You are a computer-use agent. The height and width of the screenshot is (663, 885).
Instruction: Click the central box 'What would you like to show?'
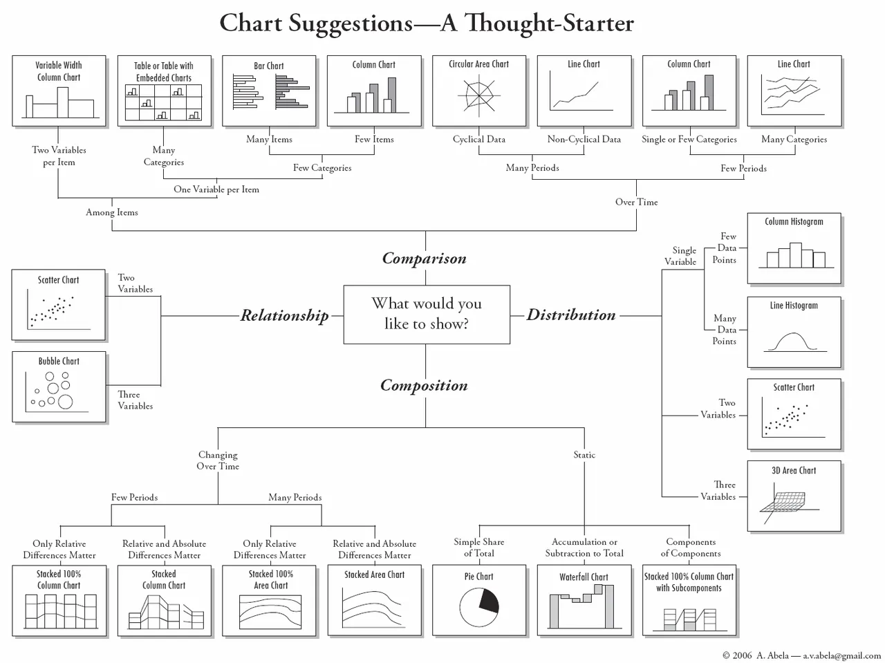click(x=427, y=314)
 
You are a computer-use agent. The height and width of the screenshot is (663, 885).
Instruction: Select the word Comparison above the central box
click(x=425, y=259)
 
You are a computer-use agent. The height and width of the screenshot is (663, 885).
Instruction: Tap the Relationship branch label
click(x=284, y=316)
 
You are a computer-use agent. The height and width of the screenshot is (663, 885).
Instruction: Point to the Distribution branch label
click(x=571, y=315)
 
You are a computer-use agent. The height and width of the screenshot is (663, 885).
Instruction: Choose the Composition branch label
click(x=424, y=386)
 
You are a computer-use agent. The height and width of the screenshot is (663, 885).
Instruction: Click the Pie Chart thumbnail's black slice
click(x=488, y=601)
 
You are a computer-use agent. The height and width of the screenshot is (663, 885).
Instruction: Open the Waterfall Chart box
click(x=584, y=600)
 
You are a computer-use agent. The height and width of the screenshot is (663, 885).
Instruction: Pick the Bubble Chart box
click(x=59, y=386)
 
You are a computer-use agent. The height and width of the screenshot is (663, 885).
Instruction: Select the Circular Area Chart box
click(x=479, y=91)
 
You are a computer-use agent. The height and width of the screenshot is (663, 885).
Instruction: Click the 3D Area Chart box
click(x=794, y=496)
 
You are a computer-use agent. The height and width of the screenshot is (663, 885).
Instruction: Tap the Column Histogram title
click(x=794, y=222)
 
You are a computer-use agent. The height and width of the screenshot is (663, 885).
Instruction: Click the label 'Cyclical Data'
click(x=479, y=140)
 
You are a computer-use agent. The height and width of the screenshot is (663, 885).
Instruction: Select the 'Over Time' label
click(x=636, y=202)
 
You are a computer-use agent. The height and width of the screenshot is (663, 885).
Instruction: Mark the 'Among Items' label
click(x=112, y=212)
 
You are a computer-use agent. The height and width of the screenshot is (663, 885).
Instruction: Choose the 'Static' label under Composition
click(x=584, y=455)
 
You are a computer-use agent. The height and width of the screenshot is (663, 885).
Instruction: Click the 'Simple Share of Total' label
click(x=479, y=548)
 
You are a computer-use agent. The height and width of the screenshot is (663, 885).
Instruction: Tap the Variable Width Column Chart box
click(x=59, y=91)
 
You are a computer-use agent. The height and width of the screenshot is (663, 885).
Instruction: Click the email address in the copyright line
click(x=841, y=655)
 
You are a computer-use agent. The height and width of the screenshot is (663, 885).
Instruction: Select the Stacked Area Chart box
click(x=374, y=600)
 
